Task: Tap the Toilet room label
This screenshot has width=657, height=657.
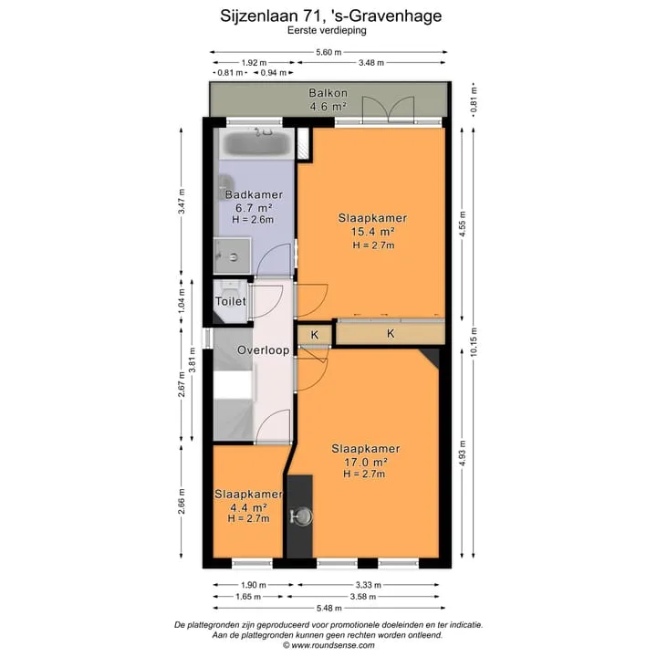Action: pos(231,301)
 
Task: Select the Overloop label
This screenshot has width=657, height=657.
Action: pos(263,350)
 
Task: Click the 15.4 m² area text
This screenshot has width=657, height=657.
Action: pos(372,232)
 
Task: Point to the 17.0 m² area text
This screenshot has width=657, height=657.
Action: pos(365,462)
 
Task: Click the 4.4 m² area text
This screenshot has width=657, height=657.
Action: pos(248,507)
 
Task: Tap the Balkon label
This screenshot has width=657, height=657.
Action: pos(328,93)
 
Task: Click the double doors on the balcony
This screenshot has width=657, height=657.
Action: pos(389,109)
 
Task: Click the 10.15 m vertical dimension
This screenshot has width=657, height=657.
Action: pos(474,342)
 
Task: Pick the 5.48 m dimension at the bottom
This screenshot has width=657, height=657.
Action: pos(328,608)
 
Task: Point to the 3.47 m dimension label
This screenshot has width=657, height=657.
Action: pos(182,201)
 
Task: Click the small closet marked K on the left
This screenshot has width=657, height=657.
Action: pos(315,335)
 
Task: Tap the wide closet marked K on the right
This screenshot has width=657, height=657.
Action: pos(391,334)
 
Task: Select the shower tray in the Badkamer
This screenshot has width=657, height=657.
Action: pos(232,255)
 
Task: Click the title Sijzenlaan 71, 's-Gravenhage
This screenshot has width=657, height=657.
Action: pos(330,16)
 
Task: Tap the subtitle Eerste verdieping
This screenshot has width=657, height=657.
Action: pos(327,30)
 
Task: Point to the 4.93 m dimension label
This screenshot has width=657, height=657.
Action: pos(463,453)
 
